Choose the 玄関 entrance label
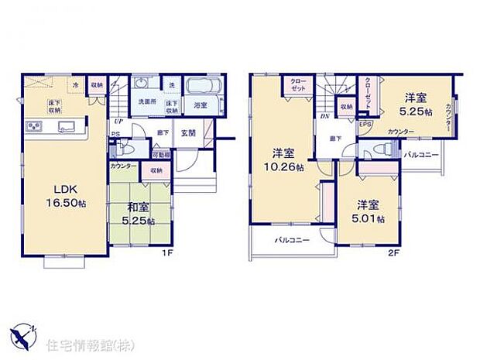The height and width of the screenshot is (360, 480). (187, 132)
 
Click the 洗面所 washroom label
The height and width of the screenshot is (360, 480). (147, 102)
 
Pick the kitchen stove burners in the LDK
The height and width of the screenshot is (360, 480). (34, 126)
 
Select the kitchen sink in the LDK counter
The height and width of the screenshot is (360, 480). (63, 126)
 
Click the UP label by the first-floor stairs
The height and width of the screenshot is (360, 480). (118, 122)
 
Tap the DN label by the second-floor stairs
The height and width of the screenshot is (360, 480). (323, 118)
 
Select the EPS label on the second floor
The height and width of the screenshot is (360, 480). (365, 123)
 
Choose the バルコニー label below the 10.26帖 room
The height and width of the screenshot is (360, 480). (292, 241)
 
